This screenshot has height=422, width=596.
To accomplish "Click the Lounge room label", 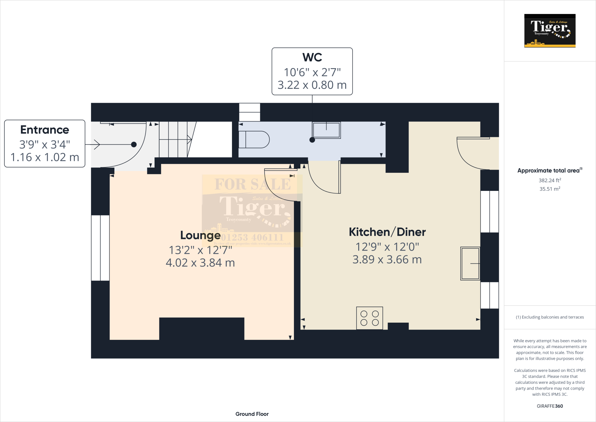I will click(200, 235).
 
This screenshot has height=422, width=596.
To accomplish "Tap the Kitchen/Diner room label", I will click(387, 232).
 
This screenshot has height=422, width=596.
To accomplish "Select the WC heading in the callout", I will click(312, 57).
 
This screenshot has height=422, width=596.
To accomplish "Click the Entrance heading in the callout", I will click(45, 130).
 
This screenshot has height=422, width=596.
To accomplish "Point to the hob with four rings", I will click(369, 318).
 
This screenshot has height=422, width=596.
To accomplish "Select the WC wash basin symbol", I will click(326, 130).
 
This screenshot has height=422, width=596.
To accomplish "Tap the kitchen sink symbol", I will click(470, 263).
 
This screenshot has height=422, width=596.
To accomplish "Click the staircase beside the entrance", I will click(175, 140).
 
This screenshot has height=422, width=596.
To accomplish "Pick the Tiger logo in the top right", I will click(550, 31).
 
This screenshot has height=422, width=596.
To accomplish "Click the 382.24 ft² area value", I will click(550, 180).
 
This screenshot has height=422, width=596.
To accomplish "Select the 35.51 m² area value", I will click(550, 189).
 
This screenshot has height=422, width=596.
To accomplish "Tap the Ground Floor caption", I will click(252, 414).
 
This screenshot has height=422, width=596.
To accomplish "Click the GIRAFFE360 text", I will click(550, 406).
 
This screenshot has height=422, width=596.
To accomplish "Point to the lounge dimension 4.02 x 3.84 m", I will click(200, 263).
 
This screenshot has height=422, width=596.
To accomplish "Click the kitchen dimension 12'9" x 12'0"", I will click(387, 247).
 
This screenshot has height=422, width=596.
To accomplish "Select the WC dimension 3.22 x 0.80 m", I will click(312, 85).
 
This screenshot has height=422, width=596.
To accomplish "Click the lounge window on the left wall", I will click(100, 248).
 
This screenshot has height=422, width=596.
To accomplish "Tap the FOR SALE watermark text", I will click(253, 184).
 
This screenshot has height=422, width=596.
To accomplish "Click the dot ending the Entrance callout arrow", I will click(134, 144).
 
